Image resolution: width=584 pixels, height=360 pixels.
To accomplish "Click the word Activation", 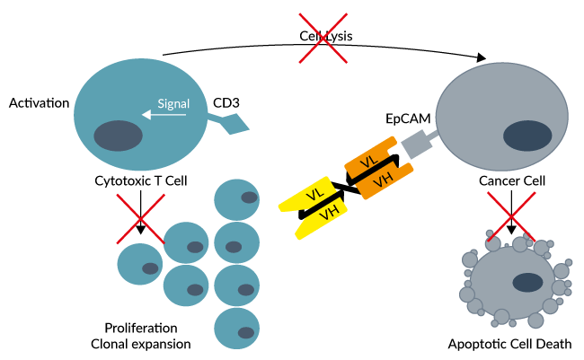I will (x=40, y=103).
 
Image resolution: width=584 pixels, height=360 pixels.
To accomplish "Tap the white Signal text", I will (x=173, y=103).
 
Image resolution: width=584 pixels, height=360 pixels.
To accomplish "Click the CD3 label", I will (x=226, y=102).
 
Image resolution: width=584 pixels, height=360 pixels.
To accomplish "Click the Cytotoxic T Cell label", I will (x=141, y=180).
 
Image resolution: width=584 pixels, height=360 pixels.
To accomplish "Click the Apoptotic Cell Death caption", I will (x=509, y=344).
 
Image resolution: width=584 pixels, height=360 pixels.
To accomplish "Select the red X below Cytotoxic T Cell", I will (x=140, y=220).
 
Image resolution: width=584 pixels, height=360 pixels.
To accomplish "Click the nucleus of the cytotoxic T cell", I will (x=119, y=136).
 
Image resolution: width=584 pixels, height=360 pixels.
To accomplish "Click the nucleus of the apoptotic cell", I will (x=525, y=285).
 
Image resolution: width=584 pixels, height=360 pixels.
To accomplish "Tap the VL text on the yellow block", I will (x=317, y=195).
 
